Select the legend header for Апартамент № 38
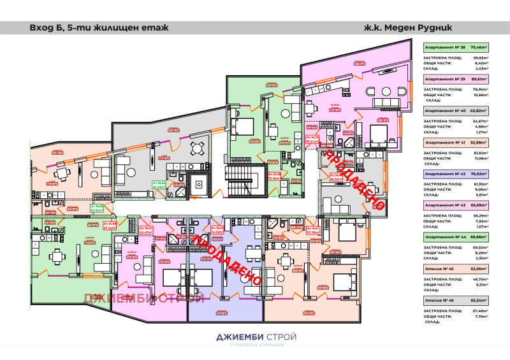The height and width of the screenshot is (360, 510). pos(456,47)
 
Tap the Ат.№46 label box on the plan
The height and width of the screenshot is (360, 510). pos(159,186)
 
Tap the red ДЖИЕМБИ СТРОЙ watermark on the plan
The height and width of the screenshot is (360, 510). pos(143,298)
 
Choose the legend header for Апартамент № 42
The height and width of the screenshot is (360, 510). pos(456,173)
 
